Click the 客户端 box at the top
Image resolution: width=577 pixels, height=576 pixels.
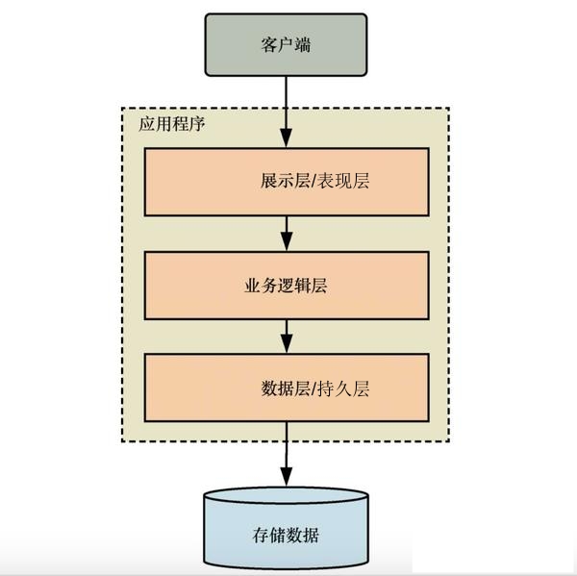click(x=286, y=45)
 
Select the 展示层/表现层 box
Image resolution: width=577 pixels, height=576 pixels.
click(x=286, y=182)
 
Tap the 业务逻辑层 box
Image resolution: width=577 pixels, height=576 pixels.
click(x=286, y=285)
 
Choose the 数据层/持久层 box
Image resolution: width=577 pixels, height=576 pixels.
click(x=286, y=388)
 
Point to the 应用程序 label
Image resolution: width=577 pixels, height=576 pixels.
click(x=171, y=125)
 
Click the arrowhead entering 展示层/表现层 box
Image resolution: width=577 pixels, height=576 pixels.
click(x=286, y=141)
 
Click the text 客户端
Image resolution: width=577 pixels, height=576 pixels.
click(x=286, y=45)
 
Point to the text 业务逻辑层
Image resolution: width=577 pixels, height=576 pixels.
click(x=286, y=286)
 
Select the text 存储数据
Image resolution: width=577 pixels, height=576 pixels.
click(x=286, y=536)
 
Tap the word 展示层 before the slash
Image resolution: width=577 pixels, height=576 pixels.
click(x=284, y=182)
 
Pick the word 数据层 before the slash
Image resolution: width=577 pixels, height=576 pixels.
click(x=286, y=388)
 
